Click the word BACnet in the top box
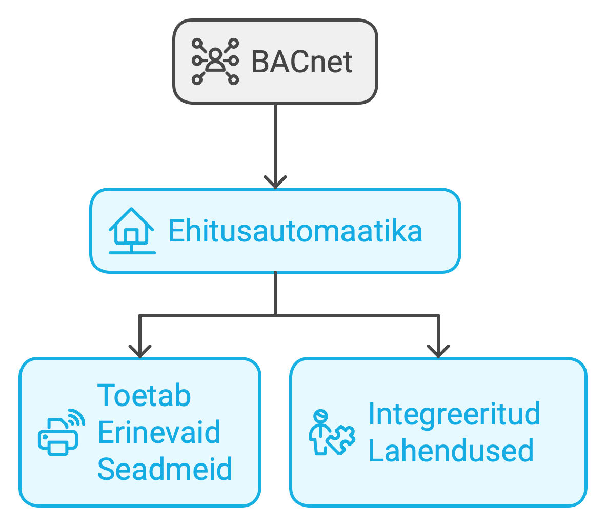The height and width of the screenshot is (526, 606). point(302,62)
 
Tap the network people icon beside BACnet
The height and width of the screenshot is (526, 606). point(215,61)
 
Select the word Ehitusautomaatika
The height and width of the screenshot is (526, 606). point(295,231)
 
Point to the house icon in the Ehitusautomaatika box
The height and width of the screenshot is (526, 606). point(131,231)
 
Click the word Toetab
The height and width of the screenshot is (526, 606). point(144,395)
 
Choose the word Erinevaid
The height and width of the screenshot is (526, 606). point(159,432)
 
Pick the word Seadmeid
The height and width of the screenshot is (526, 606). point(165,469)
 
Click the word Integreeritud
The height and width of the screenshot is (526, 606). point(454,414)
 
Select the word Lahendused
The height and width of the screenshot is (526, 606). point(451,451)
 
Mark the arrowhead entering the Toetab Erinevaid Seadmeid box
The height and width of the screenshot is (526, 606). point(140,352)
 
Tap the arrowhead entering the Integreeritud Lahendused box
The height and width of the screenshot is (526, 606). point(438,352)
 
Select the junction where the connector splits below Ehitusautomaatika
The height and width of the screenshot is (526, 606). point(275,314)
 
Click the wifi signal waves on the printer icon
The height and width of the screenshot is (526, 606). point(76,417)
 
